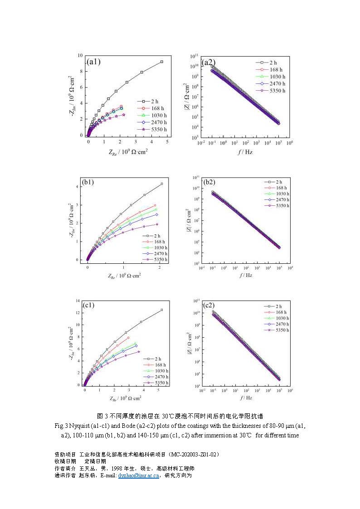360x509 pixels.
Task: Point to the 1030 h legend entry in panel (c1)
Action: tap(156, 371)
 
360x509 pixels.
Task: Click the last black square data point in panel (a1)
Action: tap(161, 62)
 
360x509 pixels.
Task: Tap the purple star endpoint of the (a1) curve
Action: tap(124, 115)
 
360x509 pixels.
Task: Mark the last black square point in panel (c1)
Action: tap(161, 310)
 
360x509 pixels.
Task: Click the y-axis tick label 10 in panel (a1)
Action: tap(80, 55)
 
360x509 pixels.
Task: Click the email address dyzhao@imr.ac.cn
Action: tap(138, 475)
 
